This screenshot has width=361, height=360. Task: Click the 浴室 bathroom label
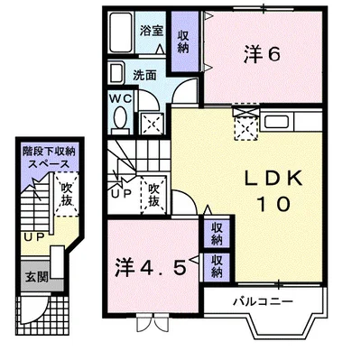(x=149, y=30)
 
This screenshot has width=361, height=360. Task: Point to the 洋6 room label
(x=263, y=55)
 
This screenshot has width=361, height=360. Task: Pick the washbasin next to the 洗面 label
(x=116, y=72)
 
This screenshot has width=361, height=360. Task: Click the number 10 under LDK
(x=270, y=205)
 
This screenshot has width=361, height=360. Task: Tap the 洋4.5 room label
(x=151, y=268)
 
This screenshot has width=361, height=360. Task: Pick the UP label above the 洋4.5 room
(x=120, y=191)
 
